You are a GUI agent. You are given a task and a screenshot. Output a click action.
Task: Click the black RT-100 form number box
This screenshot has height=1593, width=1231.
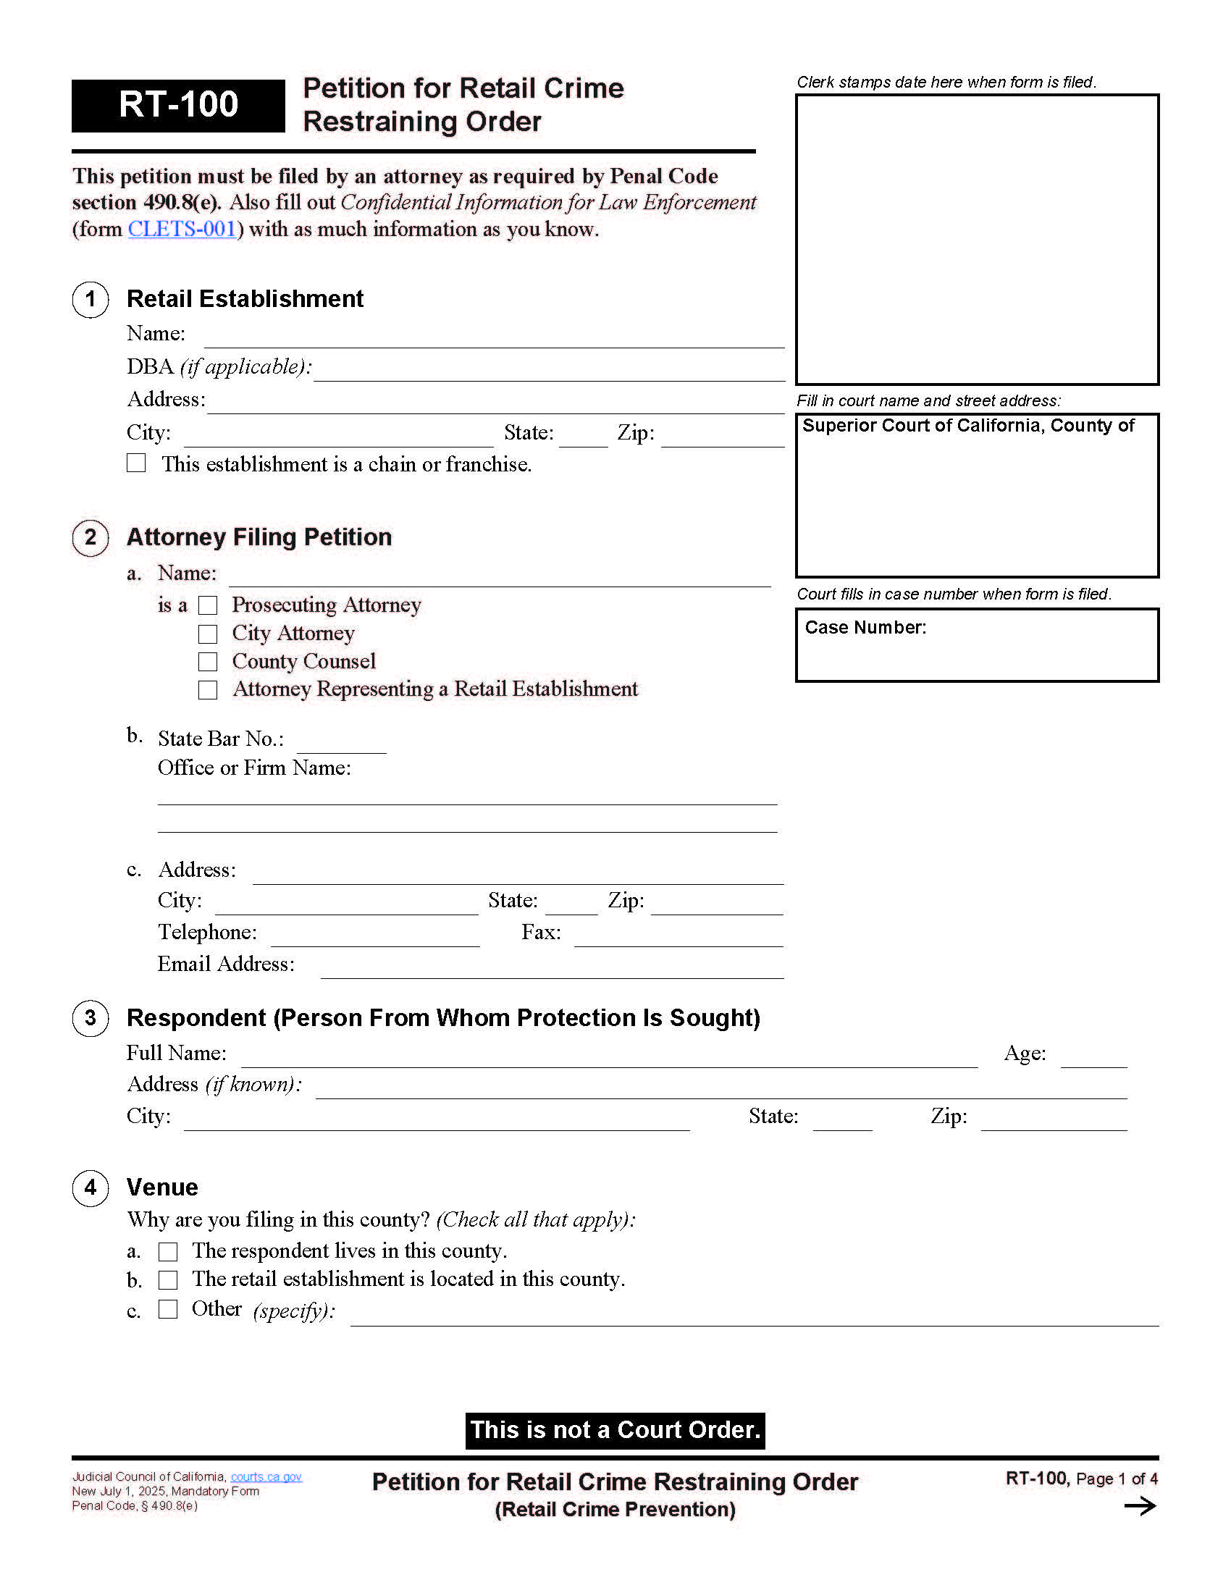point(178,105)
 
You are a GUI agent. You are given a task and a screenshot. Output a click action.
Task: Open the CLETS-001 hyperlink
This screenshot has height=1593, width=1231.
point(182,229)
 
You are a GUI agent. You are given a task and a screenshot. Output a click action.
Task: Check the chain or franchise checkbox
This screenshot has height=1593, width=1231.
point(136,463)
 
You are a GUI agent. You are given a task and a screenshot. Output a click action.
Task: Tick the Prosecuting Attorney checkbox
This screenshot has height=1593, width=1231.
point(208,605)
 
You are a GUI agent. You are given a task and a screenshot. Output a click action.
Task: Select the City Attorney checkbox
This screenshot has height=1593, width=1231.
point(208,634)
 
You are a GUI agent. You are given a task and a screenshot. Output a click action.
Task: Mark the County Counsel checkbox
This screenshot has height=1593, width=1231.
point(208,662)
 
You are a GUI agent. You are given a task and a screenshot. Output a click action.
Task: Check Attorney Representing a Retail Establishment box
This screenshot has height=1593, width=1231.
point(208,690)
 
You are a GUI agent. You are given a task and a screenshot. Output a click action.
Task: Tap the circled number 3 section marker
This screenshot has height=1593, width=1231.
point(91,1018)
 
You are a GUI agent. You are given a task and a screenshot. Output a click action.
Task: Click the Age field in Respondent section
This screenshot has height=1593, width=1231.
point(1093,1057)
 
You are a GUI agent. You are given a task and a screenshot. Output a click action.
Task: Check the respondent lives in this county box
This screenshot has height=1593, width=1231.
point(169,1252)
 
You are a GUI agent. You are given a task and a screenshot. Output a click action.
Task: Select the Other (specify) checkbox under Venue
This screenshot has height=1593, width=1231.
point(169,1309)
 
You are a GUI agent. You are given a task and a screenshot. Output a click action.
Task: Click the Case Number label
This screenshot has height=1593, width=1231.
point(865,627)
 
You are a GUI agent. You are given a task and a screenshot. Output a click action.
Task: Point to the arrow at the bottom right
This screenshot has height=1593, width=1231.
point(1140,1506)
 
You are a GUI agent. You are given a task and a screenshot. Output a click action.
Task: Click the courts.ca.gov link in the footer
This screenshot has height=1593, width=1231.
point(266,1476)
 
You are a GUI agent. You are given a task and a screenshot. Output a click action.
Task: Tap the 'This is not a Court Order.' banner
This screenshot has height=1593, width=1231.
point(615,1430)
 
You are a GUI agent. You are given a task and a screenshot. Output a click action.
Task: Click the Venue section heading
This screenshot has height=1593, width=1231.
point(162,1188)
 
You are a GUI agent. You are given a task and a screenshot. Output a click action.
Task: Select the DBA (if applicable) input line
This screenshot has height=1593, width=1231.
point(548,371)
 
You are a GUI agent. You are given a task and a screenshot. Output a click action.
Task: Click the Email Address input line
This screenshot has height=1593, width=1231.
point(551,968)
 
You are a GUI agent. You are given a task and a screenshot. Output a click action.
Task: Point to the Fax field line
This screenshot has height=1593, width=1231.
point(678,936)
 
